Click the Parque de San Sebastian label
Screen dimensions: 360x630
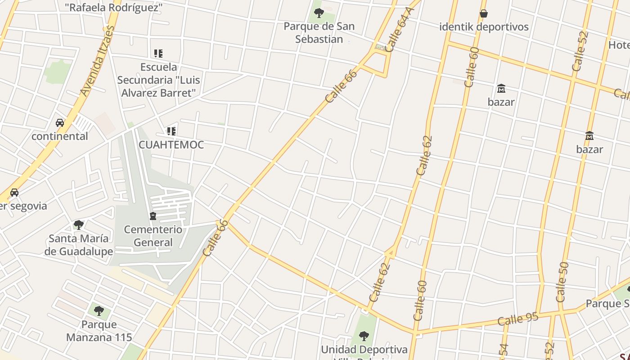click(319, 32)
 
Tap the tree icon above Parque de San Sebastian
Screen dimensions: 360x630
click(319, 13)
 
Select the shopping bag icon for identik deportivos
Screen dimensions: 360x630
click(484, 13)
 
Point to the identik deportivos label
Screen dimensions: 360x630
click(484, 27)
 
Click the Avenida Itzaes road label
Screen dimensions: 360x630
click(97, 61)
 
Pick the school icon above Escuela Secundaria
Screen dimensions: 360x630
click(158, 54)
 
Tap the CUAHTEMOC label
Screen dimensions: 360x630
click(171, 145)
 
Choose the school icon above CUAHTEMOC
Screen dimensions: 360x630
click(171, 131)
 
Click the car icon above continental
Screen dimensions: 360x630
click(59, 123)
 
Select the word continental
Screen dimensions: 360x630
click(60, 136)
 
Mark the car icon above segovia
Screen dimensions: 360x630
click(14, 193)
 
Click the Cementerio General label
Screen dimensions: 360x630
click(153, 236)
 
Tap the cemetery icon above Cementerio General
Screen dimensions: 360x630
click(153, 216)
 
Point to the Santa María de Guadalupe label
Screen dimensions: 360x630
click(79, 245)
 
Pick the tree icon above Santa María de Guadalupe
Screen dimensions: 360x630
click(79, 225)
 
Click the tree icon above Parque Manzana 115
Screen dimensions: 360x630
click(99, 310)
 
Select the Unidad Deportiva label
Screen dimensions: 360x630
click(364, 350)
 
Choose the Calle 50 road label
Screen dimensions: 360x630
click(562, 282)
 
